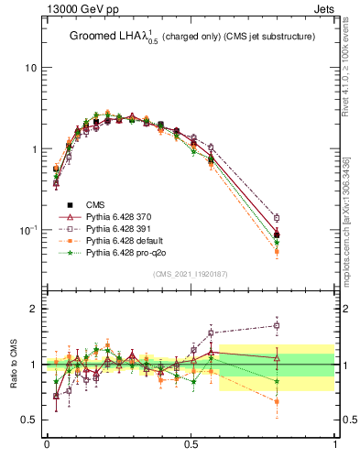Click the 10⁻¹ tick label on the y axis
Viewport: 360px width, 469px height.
pos(27,229)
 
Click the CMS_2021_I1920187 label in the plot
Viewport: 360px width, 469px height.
pos(190,274)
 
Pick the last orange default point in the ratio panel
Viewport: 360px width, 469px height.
pos(277,401)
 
